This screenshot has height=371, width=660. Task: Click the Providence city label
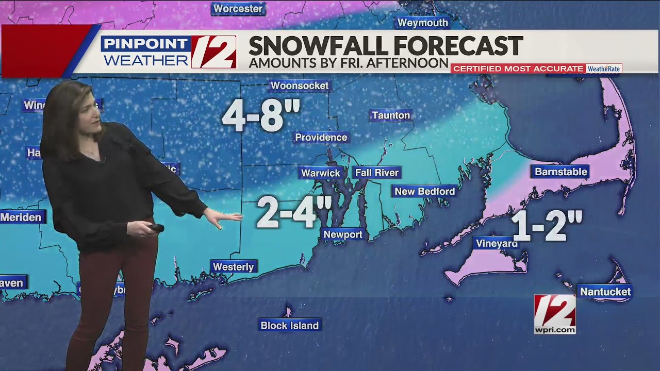pos(321,138)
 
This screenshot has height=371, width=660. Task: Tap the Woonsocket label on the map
pos(300,86)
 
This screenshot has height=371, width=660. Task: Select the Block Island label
pos(290,325)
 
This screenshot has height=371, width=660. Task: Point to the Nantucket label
pos(605,292)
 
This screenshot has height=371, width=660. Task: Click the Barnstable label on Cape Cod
pos(560,172)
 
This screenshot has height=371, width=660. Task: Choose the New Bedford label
pos(424,192)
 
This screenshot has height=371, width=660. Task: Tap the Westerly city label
pos(234,266)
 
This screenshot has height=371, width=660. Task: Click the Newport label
pos(343,234)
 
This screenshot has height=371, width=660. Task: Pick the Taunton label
pos(391,115)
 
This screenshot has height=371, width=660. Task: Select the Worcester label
pos(238,9)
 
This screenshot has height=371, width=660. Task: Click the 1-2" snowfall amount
pos(547,226)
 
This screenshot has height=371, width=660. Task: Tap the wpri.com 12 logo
pos(555,314)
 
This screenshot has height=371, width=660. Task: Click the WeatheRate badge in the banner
pos(604,69)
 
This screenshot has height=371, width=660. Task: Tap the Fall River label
pos(376,173)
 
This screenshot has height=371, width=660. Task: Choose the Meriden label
pos(21,217)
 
